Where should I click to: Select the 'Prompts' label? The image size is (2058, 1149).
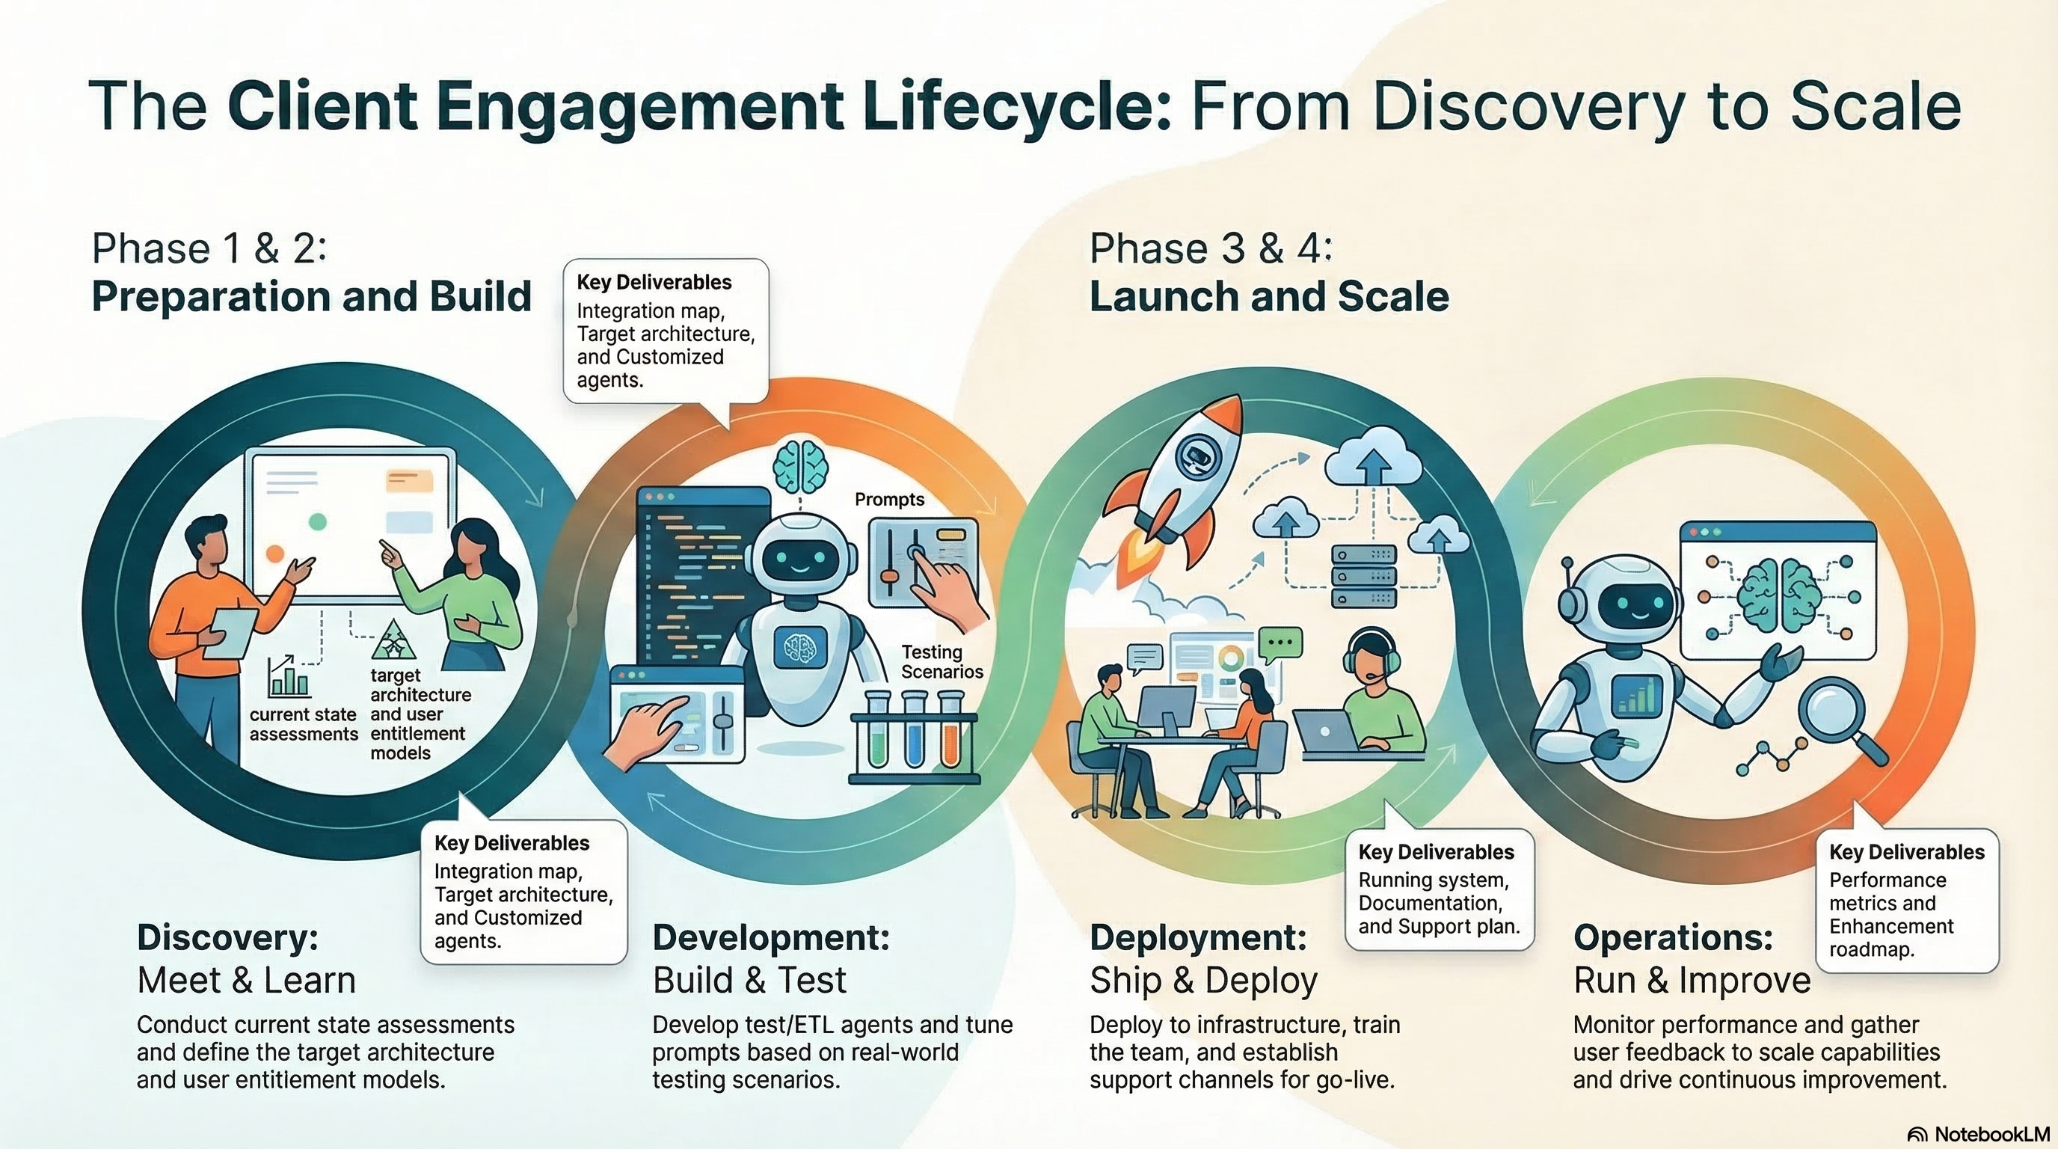click(889, 500)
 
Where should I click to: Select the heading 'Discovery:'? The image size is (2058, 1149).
click(227, 937)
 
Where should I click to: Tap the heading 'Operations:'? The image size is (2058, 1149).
click(1673, 937)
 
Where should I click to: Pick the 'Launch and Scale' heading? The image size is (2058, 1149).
click(1268, 296)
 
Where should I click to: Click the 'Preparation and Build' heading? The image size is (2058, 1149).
click(312, 296)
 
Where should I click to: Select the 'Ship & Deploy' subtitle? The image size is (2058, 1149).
click(1203, 981)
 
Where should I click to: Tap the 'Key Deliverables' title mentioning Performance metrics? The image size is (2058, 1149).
click(1906, 852)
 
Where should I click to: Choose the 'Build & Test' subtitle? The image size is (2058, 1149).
click(749, 981)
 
